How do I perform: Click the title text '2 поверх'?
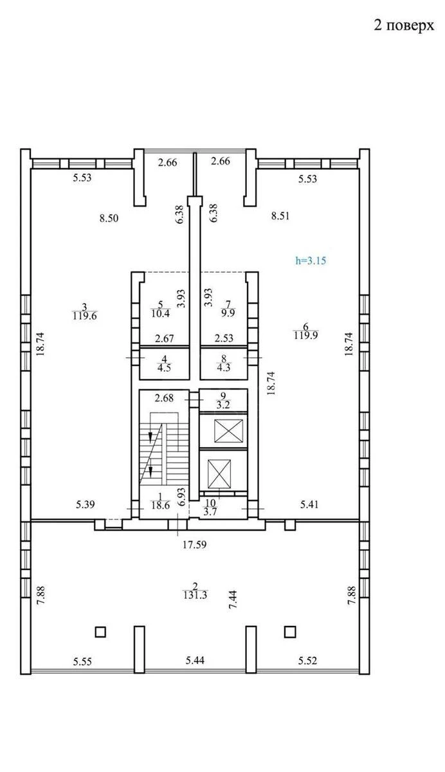click(399, 25)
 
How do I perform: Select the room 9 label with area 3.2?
click(222, 401)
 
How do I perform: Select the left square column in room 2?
click(100, 631)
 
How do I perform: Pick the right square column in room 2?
click(290, 631)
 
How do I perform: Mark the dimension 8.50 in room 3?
click(109, 217)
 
